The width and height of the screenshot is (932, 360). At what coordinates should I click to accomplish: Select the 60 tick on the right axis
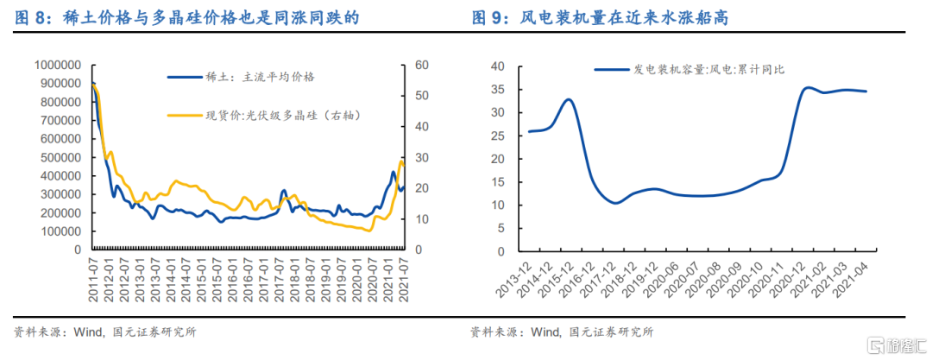pos(422,65)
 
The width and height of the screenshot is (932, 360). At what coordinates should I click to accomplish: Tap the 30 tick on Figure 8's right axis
pos(422,157)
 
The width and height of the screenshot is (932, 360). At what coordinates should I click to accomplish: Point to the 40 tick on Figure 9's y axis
pos(496,66)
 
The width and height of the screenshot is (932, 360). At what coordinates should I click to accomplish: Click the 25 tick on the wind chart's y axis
pos(496,136)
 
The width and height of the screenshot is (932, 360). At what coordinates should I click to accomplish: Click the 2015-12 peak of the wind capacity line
pos(569,99)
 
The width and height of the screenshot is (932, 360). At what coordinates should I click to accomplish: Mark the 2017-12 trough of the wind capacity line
pos(614,202)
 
